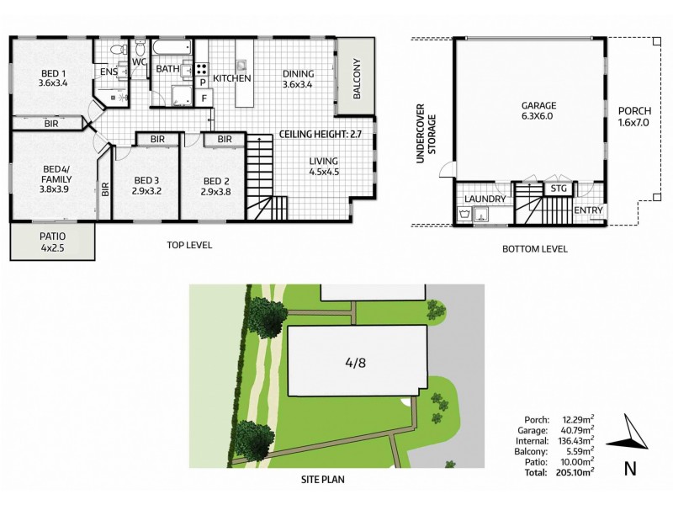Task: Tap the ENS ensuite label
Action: [109, 73]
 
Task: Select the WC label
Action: [140, 61]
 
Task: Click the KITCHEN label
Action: [232, 78]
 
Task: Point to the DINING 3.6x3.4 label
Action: [298, 78]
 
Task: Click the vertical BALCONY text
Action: [357, 79]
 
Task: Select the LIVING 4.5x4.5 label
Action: [323, 167]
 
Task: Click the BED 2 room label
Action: [217, 186]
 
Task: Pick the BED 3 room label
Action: [146, 186]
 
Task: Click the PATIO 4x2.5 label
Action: [52, 242]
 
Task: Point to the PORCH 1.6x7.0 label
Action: [633, 117]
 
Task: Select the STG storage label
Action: [557, 189]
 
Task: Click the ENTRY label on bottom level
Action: [587, 210]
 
